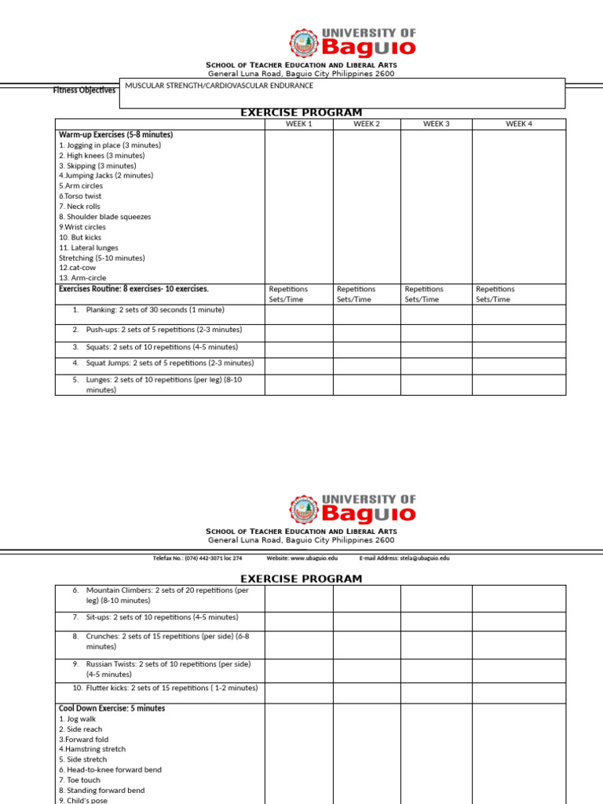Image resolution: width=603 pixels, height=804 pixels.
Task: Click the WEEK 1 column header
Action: tap(299, 124)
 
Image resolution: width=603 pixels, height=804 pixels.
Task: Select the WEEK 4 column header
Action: tap(518, 124)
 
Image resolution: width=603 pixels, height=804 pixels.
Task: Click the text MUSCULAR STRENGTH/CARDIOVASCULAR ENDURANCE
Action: tap(219, 86)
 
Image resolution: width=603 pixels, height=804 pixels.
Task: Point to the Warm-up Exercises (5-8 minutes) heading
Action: tap(116, 135)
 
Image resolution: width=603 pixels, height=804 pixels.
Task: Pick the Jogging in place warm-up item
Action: tap(110, 145)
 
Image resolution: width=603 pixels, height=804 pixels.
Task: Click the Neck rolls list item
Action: tap(81, 206)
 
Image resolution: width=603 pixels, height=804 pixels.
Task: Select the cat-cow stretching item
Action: tap(74, 268)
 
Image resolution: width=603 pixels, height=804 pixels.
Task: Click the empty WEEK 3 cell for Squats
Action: tap(436, 349)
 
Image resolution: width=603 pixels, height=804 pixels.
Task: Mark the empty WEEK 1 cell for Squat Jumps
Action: tap(299, 366)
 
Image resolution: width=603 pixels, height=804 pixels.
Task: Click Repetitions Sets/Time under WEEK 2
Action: tap(356, 294)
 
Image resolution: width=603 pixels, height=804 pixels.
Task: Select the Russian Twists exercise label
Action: tap(168, 669)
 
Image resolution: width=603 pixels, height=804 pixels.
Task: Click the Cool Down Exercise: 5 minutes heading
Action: tap(112, 708)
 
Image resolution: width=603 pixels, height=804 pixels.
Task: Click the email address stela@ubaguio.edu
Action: tap(404, 558)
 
